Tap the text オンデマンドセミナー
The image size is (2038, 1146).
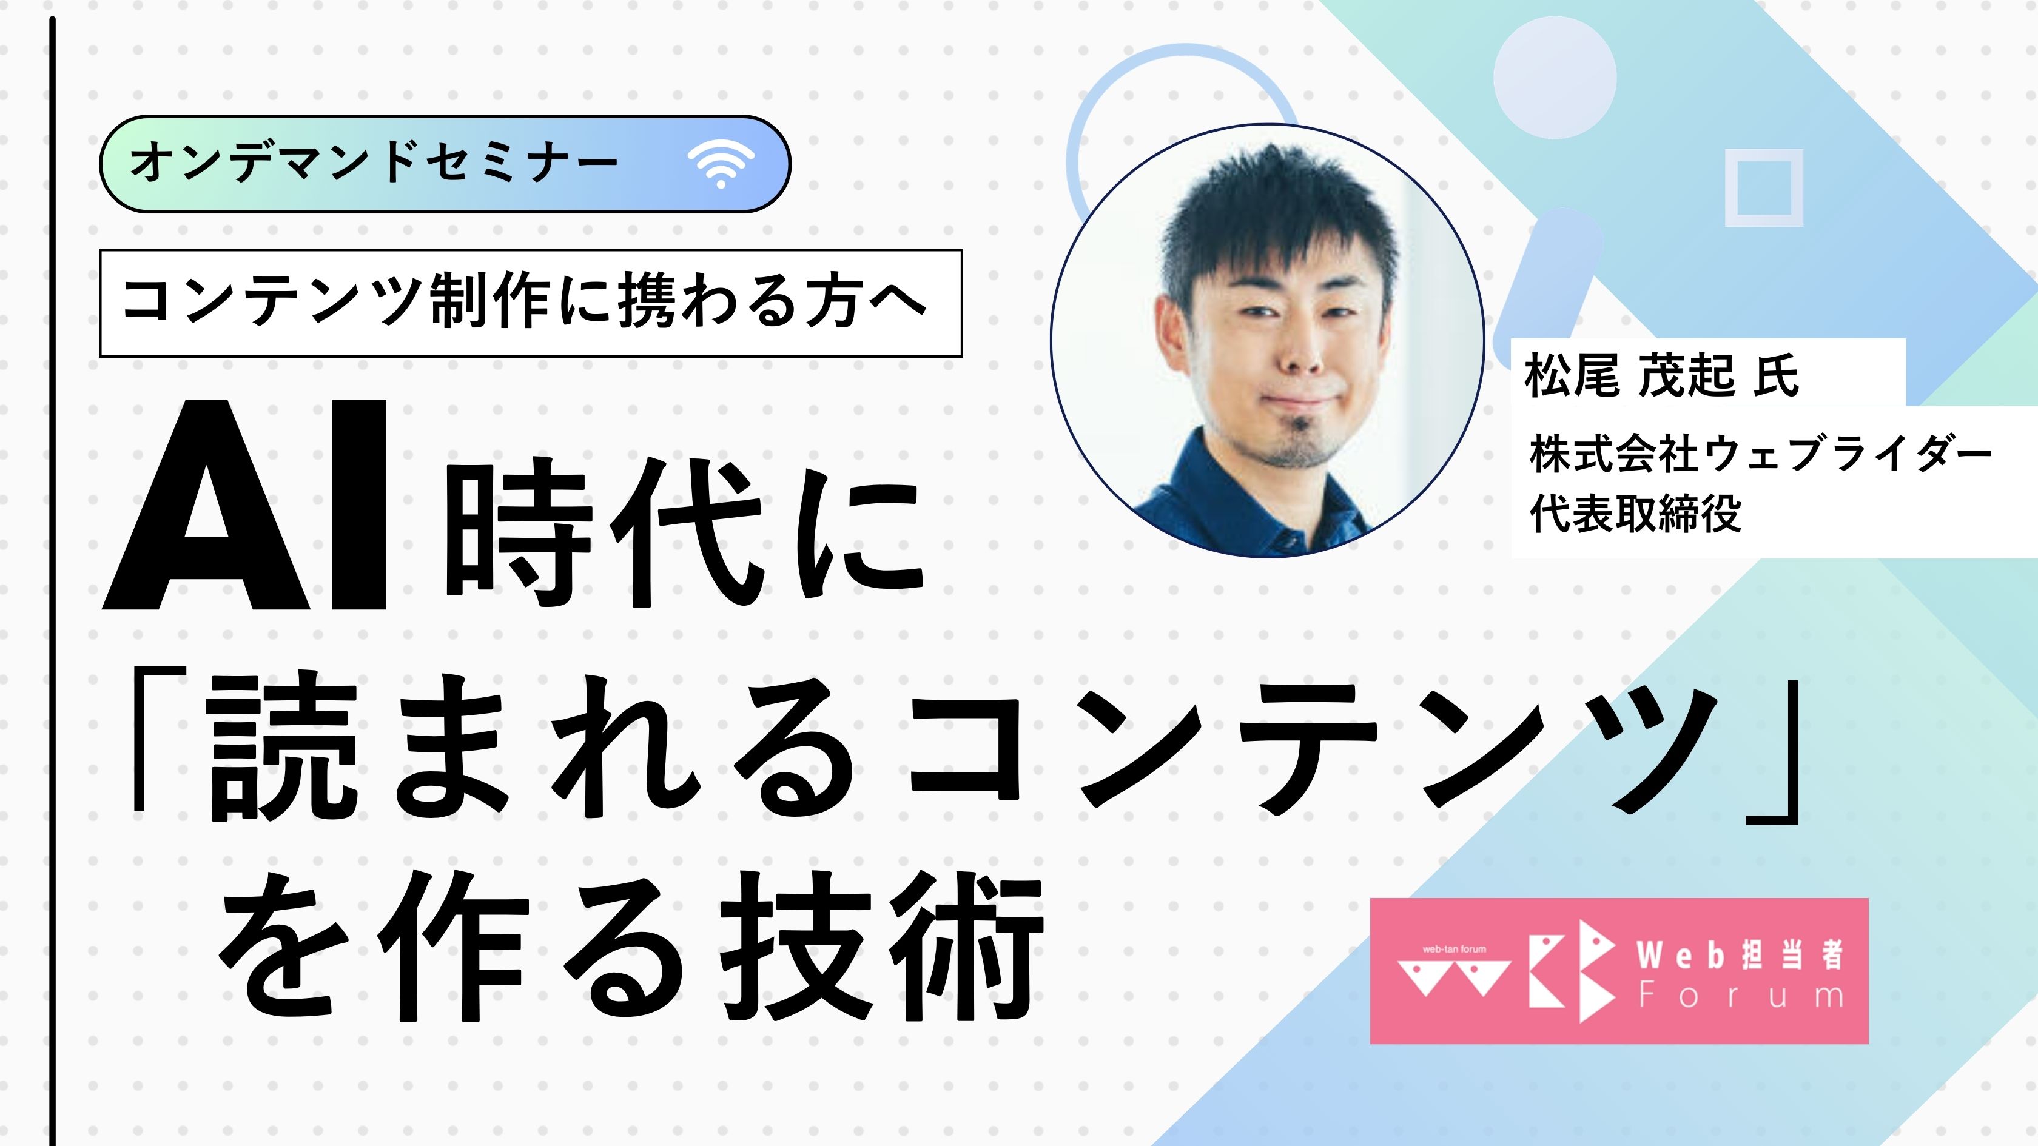point(374,164)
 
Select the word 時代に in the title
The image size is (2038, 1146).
point(684,535)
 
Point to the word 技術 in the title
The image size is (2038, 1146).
point(882,945)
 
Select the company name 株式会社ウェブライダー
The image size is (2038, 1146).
point(1760,455)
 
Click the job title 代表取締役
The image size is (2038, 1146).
point(1635,514)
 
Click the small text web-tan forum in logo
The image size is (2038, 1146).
point(1453,949)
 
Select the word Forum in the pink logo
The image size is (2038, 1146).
point(1741,996)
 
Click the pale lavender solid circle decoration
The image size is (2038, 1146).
point(1554,78)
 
